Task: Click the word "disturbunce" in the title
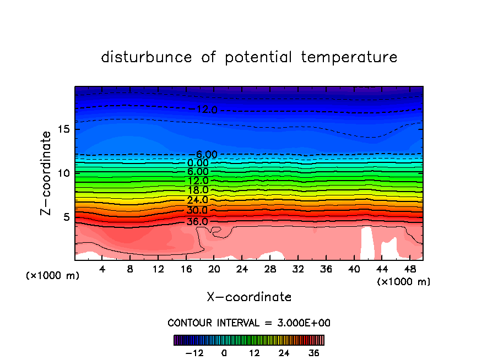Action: point(147,57)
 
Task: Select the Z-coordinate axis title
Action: point(47,173)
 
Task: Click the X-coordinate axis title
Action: point(249,297)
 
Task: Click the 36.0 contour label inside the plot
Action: point(198,221)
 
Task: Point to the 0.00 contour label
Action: point(198,163)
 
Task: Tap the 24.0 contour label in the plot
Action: point(198,200)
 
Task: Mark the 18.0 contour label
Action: point(198,190)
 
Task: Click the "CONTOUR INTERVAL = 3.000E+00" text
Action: point(249,323)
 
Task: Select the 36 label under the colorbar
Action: point(314,353)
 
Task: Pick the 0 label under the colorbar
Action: point(224,353)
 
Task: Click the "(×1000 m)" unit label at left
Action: point(53,276)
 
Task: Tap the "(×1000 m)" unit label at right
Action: point(404,282)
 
